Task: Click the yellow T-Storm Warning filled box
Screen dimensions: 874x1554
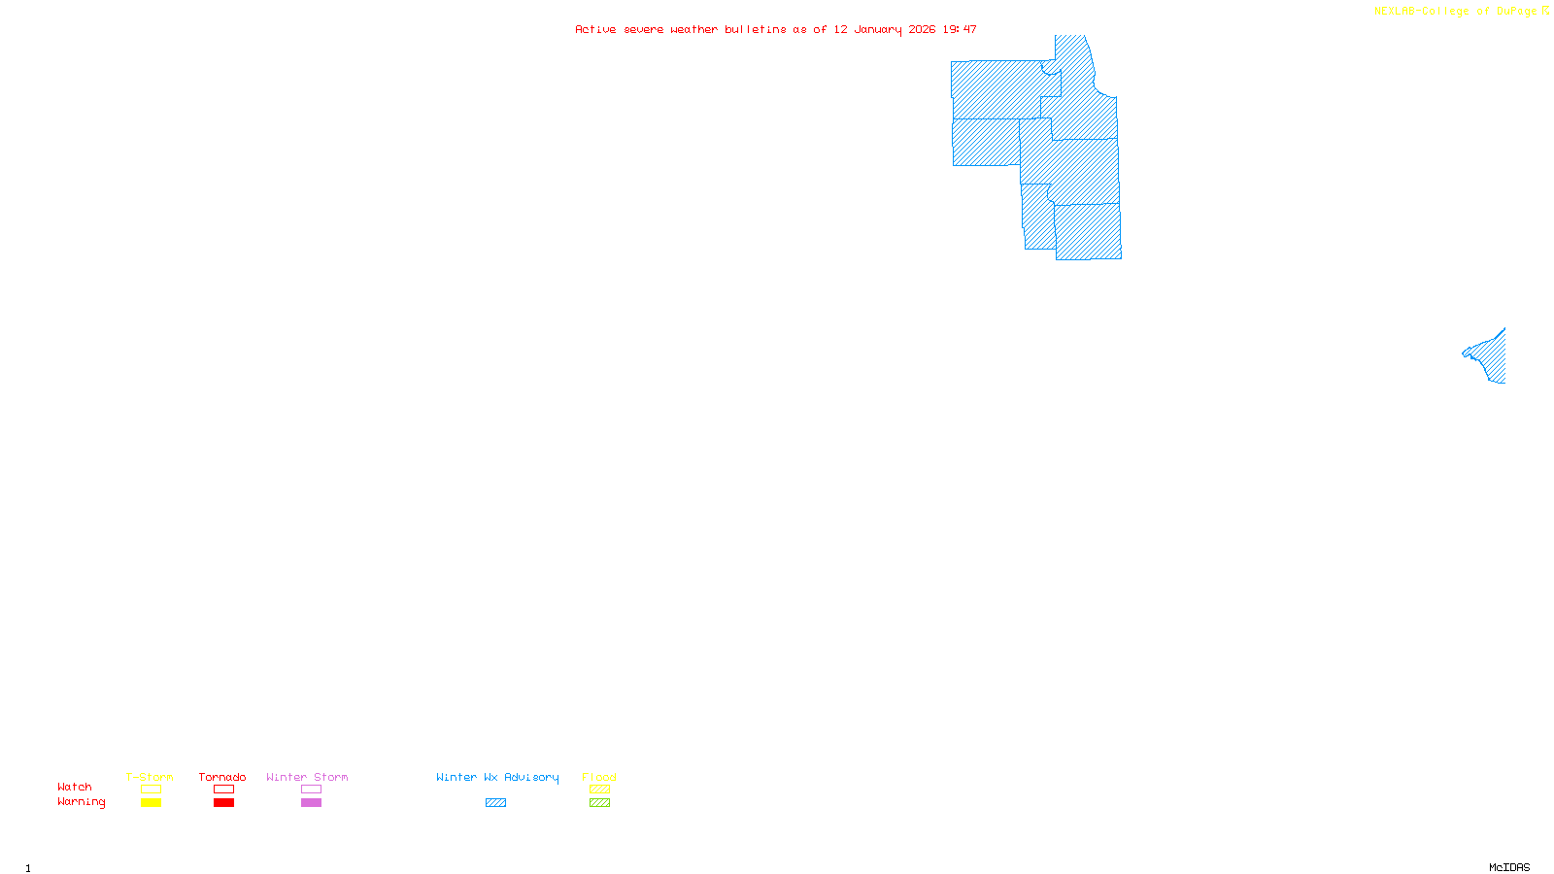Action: [151, 803]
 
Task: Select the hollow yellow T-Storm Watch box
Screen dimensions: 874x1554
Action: [151, 790]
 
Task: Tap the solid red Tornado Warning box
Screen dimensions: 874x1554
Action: [223, 803]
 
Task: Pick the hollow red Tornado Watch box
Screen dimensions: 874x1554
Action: [223, 790]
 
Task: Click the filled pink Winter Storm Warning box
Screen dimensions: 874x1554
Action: [311, 803]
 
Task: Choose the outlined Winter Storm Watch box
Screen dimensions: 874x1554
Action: [311, 790]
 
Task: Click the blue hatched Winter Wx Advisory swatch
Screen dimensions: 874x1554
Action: [495, 803]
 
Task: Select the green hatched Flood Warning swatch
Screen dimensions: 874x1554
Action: [599, 803]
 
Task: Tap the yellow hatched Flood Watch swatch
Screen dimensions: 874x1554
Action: [599, 790]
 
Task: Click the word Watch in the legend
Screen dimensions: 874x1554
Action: [75, 788]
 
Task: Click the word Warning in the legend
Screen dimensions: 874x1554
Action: [81, 802]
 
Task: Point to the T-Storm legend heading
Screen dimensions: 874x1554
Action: [150, 777]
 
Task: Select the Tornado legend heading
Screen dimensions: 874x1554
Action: [222, 777]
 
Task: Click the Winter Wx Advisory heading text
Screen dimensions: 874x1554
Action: [497, 777]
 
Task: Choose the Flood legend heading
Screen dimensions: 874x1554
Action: [599, 777]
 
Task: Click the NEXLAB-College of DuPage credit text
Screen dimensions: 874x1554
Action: [1456, 12]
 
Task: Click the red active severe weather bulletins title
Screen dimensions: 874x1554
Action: [775, 29]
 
